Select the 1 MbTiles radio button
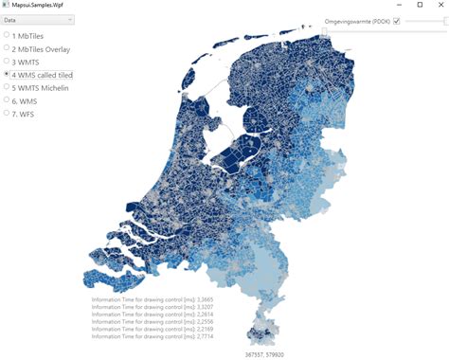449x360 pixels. [8, 35]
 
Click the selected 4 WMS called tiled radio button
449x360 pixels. [8, 74]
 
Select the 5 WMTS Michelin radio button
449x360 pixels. [8, 87]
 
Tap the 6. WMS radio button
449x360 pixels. [8, 100]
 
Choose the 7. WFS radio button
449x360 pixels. [8, 114]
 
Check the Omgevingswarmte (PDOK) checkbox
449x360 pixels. [397, 21]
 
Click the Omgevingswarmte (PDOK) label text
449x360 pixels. [357, 21]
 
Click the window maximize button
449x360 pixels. [420, 5]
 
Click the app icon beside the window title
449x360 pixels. [6, 5]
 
